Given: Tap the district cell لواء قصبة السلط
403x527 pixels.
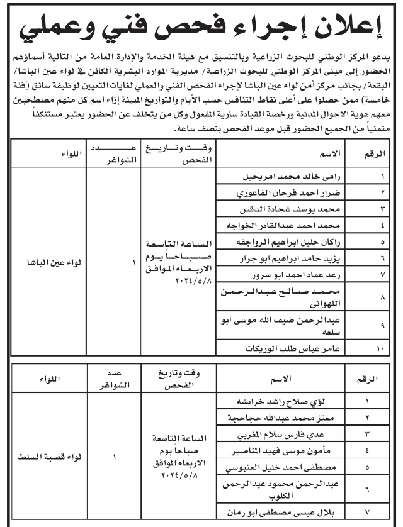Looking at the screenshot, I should click(48, 457).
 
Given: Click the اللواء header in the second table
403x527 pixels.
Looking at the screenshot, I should click(48, 379).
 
